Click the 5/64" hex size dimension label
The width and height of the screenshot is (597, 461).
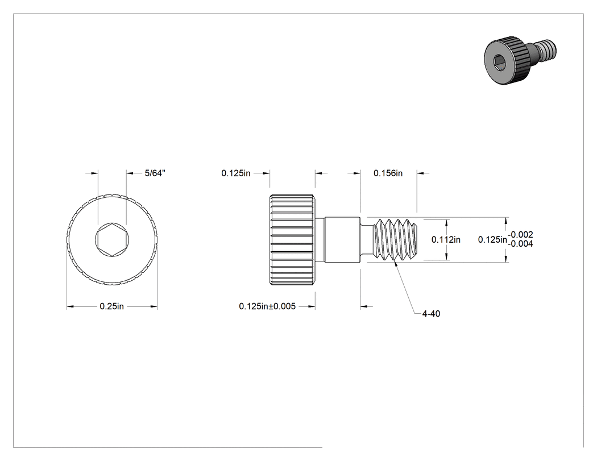pos(155,173)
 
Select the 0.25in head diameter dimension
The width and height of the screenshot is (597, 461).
pos(111,306)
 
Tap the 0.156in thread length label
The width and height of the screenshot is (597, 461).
pos(388,173)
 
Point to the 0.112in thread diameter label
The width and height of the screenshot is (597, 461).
pos(446,239)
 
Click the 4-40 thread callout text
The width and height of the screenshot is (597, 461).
pos(431,314)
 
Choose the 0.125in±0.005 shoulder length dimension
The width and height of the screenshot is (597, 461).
pos(267,306)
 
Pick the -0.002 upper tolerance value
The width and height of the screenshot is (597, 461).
pos(520,235)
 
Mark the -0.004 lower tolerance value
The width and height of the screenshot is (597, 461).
pos(520,244)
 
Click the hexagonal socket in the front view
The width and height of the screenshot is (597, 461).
pos(112,239)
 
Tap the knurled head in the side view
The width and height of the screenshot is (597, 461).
pos(292,240)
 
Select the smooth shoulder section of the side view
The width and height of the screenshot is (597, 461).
pos(342,239)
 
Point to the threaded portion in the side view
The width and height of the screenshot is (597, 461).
pos(395,239)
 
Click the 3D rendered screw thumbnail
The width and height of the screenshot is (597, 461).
pos(520,60)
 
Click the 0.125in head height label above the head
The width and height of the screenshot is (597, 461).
pos(236,173)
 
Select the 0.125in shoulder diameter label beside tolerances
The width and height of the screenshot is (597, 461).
pos(493,239)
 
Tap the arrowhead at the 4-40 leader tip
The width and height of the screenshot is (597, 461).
pos(396,263)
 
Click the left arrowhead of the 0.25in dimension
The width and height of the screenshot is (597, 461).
pos(71,306)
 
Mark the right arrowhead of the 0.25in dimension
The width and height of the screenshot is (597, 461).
pos(154,306)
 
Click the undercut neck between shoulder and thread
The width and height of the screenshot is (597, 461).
pos(367,239)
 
